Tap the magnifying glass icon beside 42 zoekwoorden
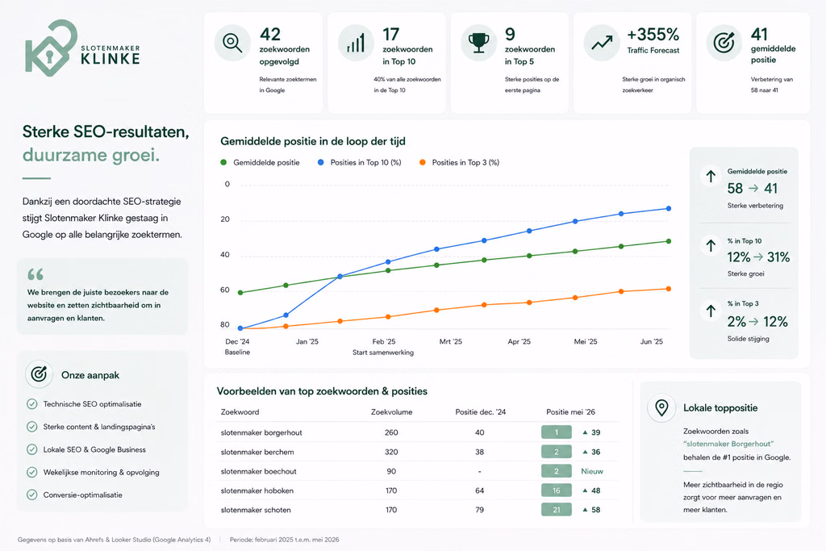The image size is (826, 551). pos(232,43)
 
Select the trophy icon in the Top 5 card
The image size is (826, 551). pos(478,43)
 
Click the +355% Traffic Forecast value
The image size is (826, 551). pos(653,35)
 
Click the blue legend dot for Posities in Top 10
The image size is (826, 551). pos(320,163)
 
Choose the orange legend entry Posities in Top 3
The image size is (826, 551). pos(459,163)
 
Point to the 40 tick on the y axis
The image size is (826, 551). pos(225,254)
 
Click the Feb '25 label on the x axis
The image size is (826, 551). pos(383,341)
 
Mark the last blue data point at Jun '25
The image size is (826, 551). pos(669,209)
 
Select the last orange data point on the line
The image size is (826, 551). pos(669,289)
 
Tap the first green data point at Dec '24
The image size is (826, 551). pos(240,292)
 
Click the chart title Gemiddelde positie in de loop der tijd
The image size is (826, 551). pos(313,141)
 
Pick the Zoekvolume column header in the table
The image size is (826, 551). pos(391,412)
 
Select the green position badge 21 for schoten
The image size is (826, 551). pos(557,509)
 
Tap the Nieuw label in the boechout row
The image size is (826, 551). pos(592,471)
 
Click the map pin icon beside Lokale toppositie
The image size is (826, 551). pos(661,407)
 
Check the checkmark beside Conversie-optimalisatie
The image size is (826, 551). pos(32,495)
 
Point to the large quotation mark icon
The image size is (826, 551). pos(35,274)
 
